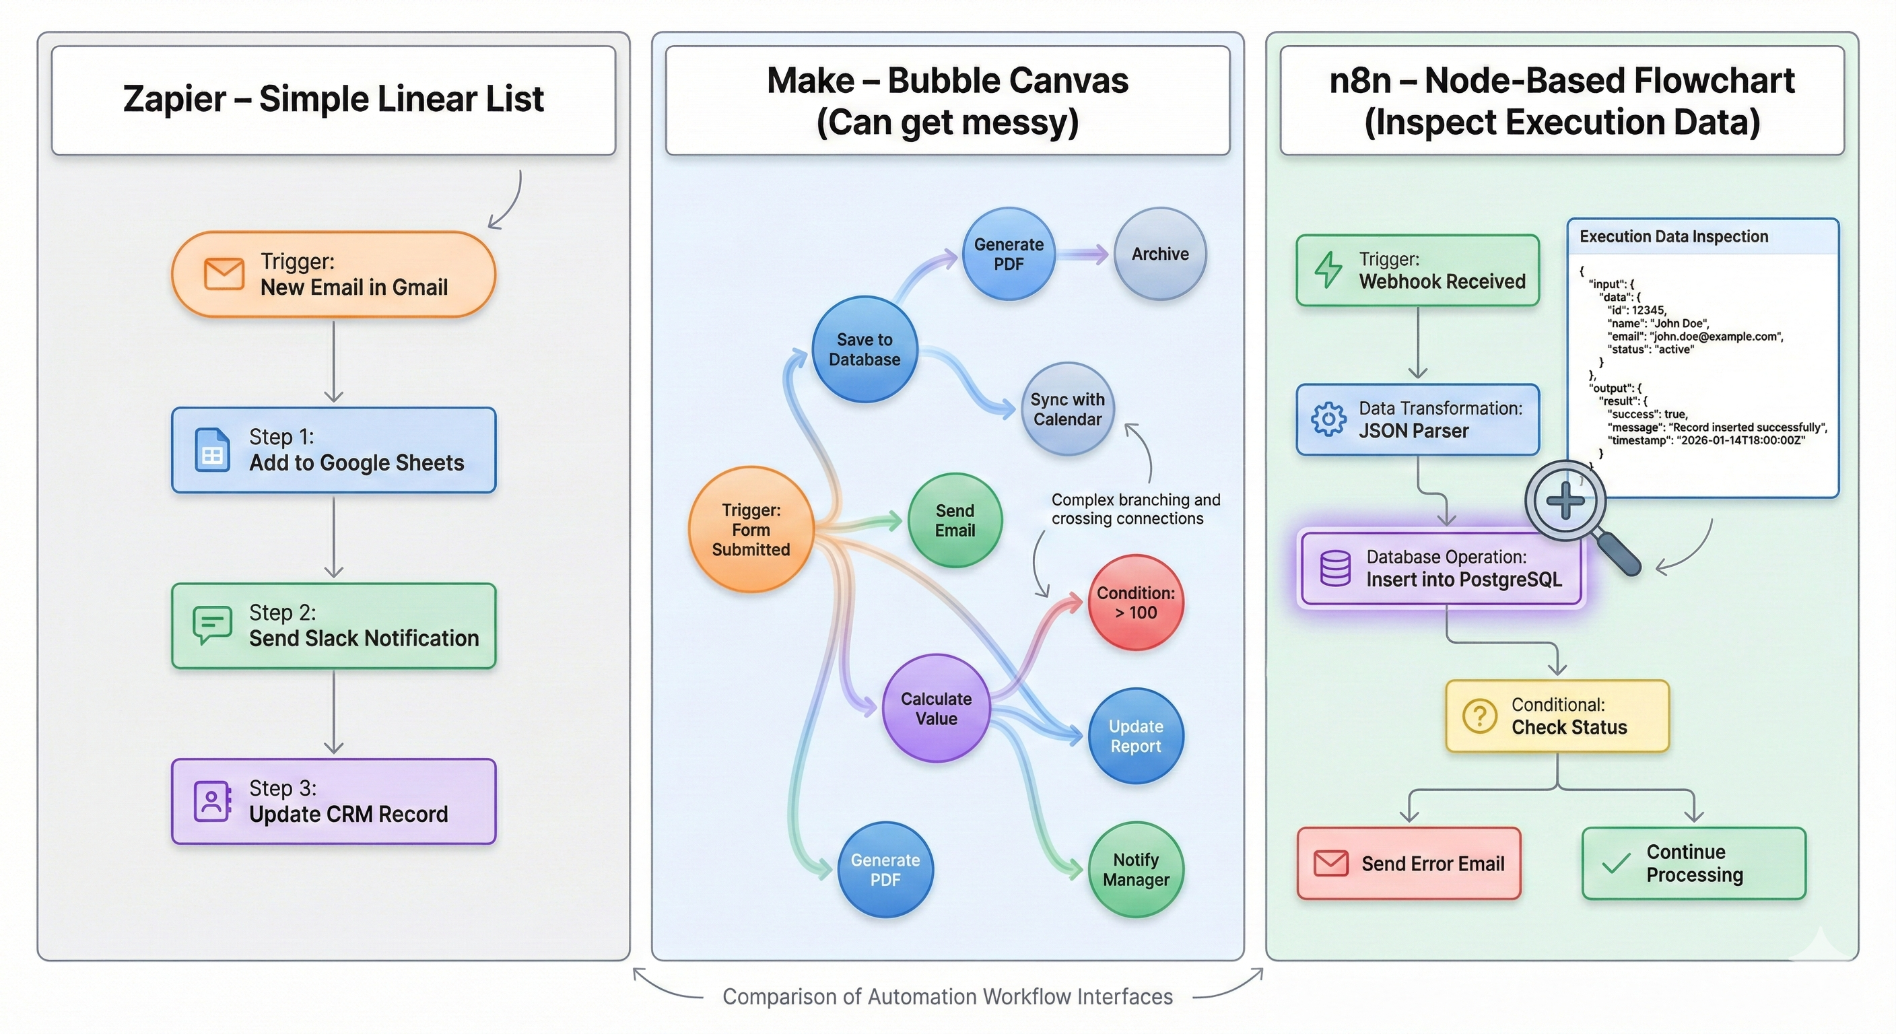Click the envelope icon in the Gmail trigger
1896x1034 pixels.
click(x=224, y=274)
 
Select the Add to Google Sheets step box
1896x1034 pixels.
click(x=333, y=450)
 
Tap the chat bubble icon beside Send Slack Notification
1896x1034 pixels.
click(x=212, y=625)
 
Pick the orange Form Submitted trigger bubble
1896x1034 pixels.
click(x=751, y=529)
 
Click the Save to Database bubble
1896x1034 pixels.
click(x=864, y=349)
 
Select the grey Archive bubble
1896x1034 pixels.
click(x=1160, y=254)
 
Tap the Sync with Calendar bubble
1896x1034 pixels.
click(x=1067, y=409)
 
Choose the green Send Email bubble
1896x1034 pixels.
click(x=955, y=520)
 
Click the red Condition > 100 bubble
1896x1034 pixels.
click(x=1135, y=602)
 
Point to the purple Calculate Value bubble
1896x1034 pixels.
click(x=937, y=708)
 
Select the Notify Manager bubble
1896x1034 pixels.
click(x=1135, y=869)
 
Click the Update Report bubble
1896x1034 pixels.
click(x=1135, y=736)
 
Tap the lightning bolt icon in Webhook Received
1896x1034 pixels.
click(x=1328, y=270)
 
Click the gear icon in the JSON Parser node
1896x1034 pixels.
click(x=1328, y=419)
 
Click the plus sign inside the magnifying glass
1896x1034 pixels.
click(x=1565, y=501)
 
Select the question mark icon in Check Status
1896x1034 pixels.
click(x=1479, y=716)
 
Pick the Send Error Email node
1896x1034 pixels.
click(x=1408, y=863)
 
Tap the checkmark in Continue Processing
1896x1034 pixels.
click(x=1617, y=862)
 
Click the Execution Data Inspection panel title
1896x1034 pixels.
click(x=1673, y=236)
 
